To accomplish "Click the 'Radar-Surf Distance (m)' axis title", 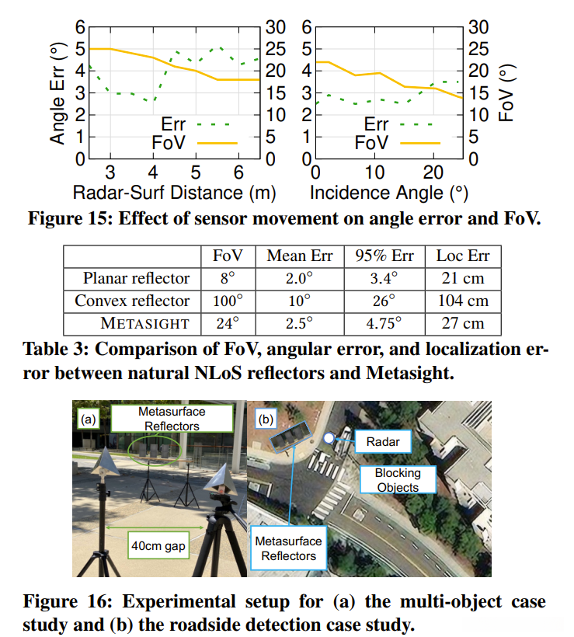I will (x=175, y=191).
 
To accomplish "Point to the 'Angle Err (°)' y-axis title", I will (x=57, y=93).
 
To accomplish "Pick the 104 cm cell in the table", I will (x=463, y=301).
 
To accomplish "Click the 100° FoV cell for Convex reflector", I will (x=222, y=301).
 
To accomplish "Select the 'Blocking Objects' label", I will (x=397, y=479).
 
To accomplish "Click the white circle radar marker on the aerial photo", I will (x=329, y=439).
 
